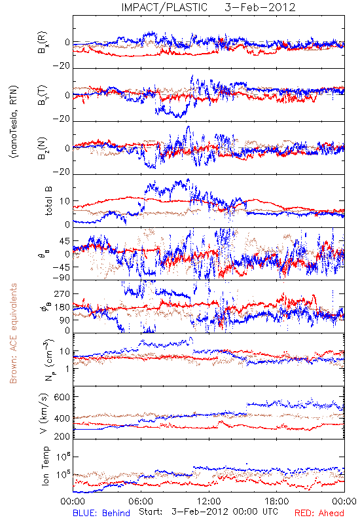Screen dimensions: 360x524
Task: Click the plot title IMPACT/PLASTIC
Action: [x=164, y=7]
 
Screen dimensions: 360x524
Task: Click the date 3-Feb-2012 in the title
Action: [x=260, y=7]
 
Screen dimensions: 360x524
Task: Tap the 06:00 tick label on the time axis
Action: [x=141, y=501]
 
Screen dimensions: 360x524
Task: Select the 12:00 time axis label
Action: [x=209, y=501]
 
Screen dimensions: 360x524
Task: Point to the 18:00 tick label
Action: [x=277, y=501]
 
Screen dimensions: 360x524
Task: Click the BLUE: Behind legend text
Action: [x=101, y=513]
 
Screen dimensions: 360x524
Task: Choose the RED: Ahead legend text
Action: [x=319, y=513]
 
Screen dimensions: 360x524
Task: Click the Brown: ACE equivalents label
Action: [x=13, y=333]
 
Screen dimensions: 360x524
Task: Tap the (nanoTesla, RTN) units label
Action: [x=14, y=122]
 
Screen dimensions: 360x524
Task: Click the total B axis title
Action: [x=48, y=201]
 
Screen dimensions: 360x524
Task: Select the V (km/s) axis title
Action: [x=44, y=413]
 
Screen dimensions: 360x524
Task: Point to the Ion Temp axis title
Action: [x=45, y=466]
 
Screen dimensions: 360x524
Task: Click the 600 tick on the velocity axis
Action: [x=62, y=398]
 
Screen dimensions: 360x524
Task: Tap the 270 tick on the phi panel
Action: [x=62, y=294]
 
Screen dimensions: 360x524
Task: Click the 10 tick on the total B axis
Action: [x=65, y=201]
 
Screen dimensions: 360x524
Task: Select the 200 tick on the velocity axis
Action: [x=62, y=436]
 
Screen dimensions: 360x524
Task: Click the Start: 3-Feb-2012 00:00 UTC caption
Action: [x=207, y=512]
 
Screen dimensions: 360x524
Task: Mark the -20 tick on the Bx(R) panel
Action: [x=61, y=66]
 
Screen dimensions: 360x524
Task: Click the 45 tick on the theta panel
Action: [x=65, y=241]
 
